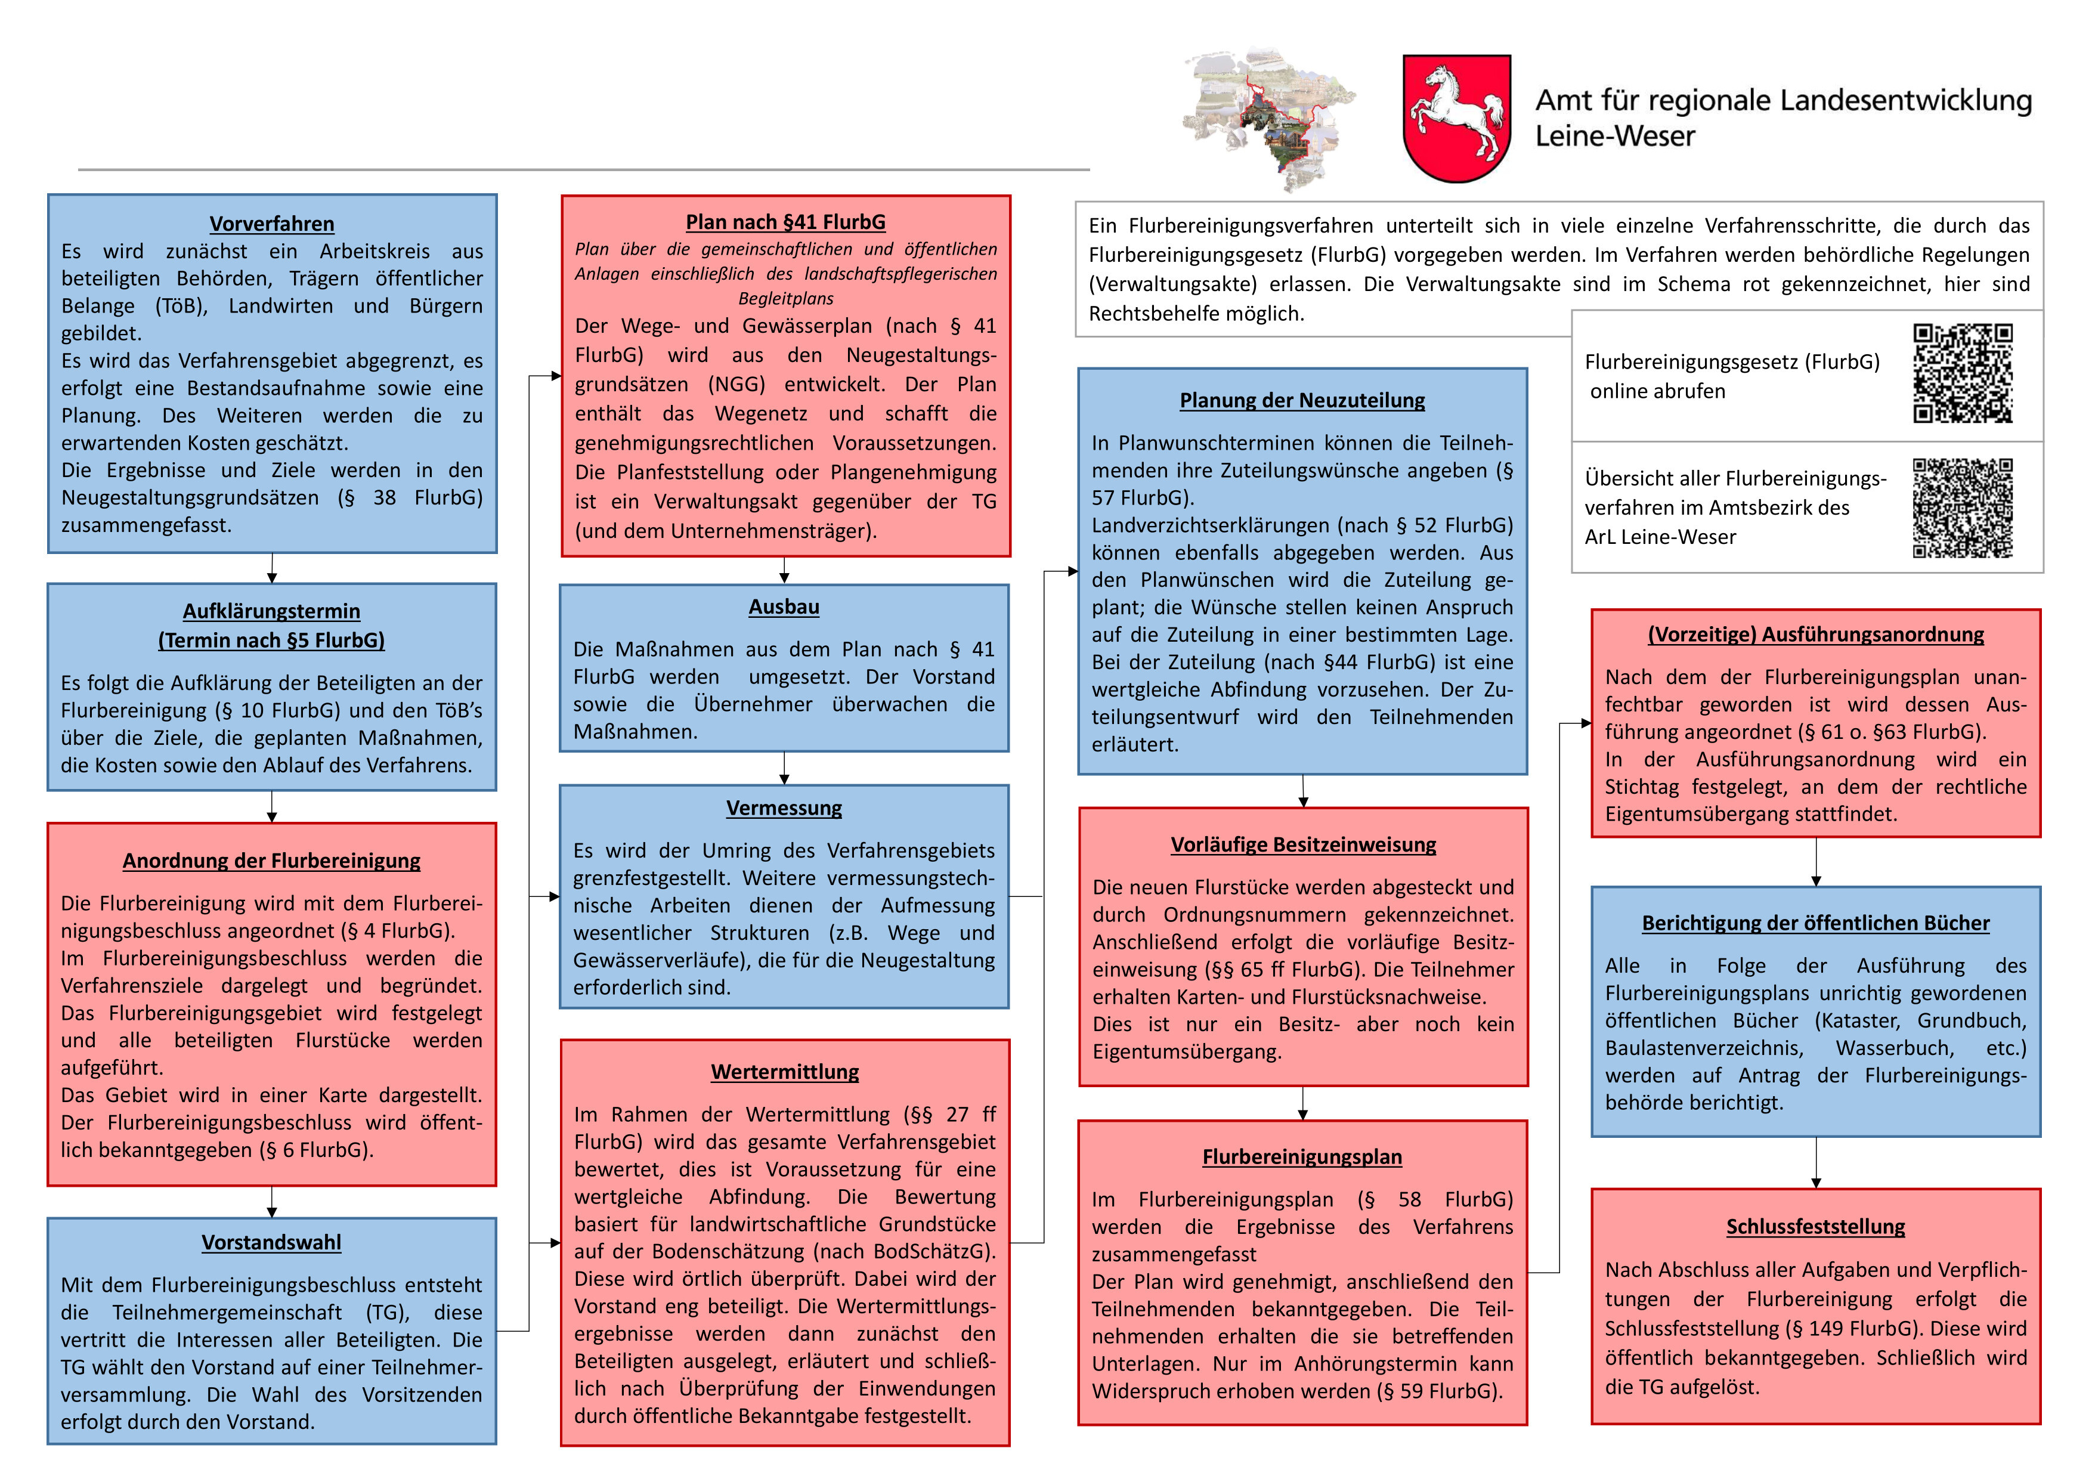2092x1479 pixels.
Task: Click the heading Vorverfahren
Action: [x=271, y=224]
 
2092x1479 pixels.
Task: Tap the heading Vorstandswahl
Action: [x=271, y=1243]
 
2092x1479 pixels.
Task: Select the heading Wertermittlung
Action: [x=785, y=1072]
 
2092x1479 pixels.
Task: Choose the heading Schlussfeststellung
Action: [x=1815, y=1227]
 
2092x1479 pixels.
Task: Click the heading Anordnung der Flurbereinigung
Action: [x=271, y=861]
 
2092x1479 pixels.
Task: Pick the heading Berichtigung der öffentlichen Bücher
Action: [x=1815, y=924]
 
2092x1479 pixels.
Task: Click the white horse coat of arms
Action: [x=1456, y=119]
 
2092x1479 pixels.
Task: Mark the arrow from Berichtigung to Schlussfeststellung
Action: [x=1815, y=1163]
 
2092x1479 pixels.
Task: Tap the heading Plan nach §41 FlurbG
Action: [x=785, y=222]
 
